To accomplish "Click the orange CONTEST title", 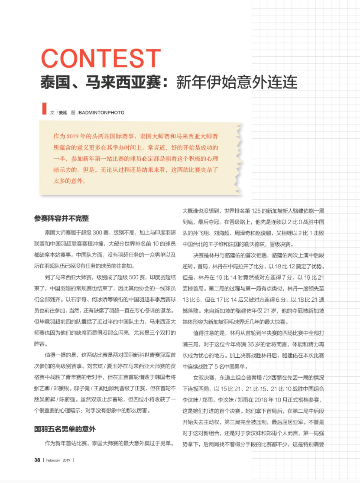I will click(101, 59).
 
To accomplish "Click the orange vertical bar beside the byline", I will click(44, 108).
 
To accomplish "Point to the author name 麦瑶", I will click(63, 113).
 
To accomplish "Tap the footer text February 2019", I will click(58, 460).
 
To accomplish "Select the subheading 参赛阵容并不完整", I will click(62, 218).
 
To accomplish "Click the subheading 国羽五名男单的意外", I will click(65, 429).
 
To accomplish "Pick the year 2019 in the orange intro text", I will click(83, 136).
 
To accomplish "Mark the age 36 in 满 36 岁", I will click(252, 344).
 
